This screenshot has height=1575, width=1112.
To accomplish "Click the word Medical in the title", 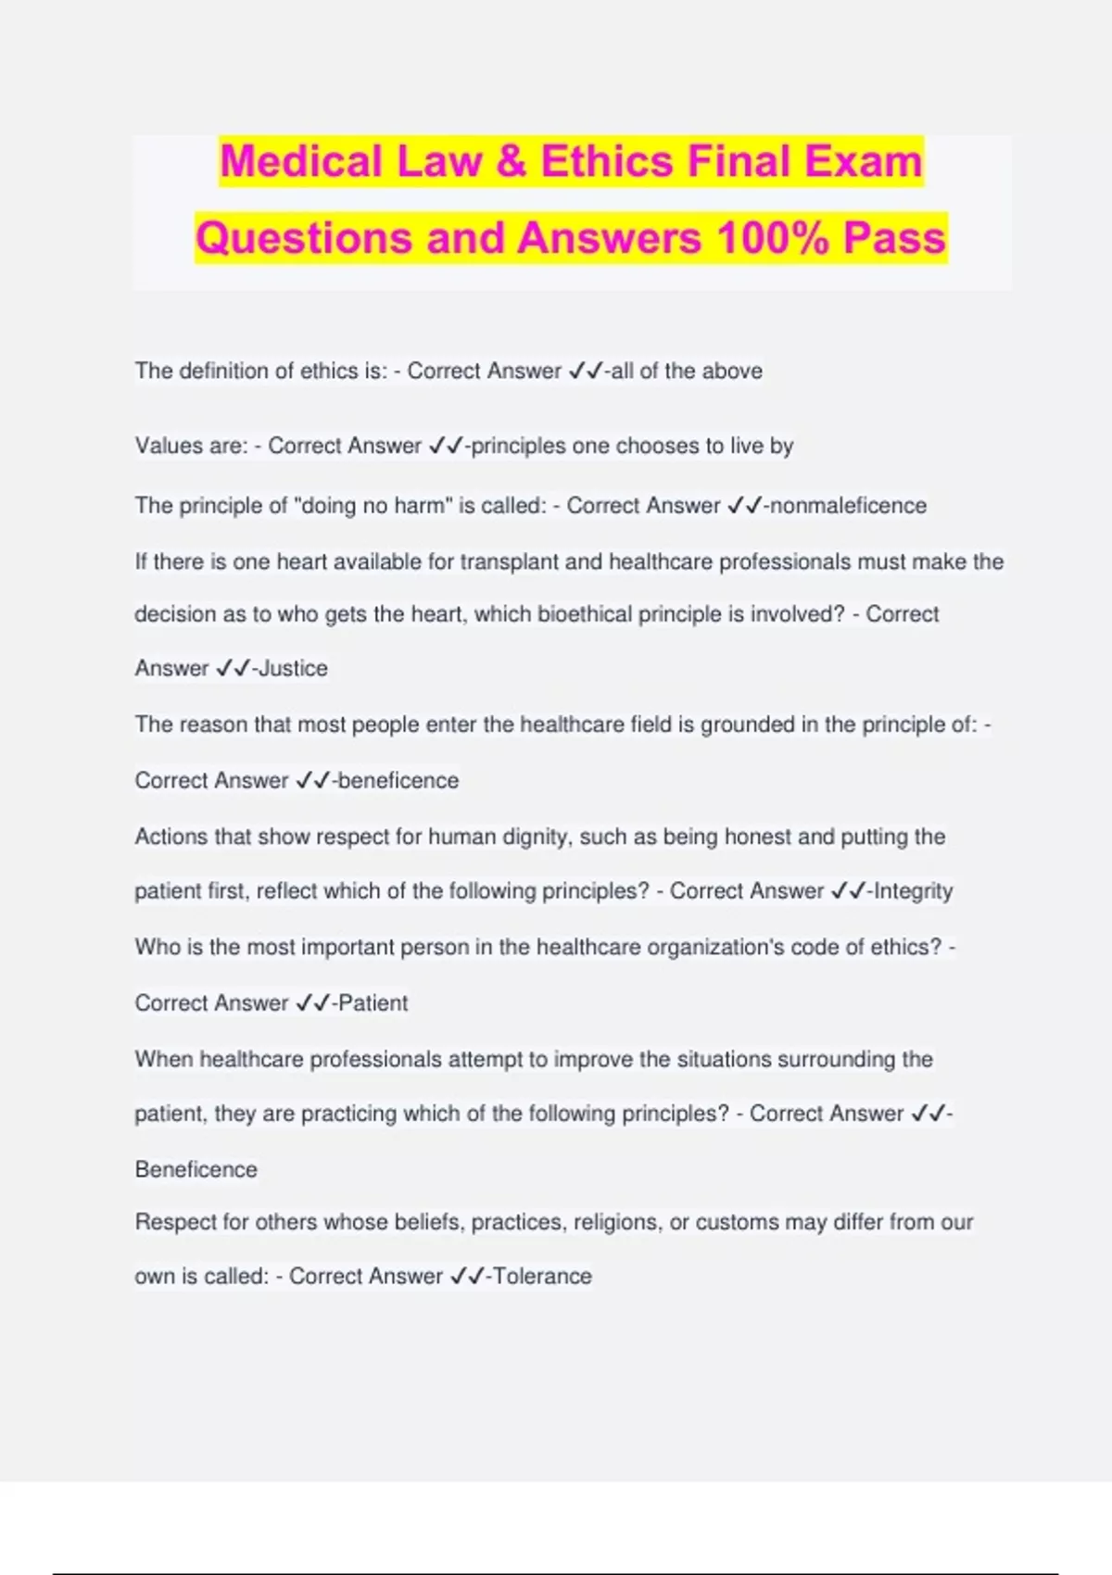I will (300, 161).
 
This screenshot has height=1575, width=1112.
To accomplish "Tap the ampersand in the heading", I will (511, 161).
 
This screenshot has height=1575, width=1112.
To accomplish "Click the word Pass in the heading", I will (894, 237).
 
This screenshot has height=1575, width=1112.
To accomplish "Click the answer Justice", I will (293, 668).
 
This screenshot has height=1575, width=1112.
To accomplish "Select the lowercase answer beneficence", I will (398, 780).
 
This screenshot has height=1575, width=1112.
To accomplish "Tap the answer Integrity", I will (913, 891).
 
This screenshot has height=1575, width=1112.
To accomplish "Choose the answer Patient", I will (373, 1002).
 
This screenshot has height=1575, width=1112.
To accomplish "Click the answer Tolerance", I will (542, 1276).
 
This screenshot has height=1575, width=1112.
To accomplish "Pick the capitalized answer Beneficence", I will (196, 1169).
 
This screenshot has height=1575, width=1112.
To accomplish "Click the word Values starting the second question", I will (165, 446).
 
